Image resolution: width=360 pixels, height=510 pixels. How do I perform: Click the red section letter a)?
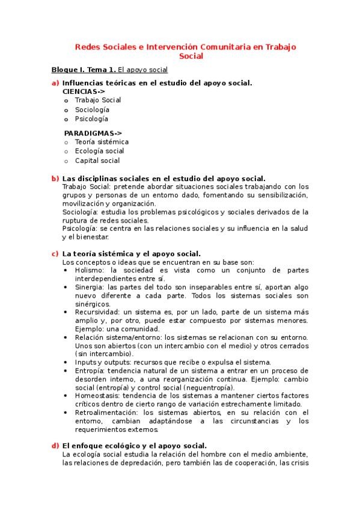[55, 82]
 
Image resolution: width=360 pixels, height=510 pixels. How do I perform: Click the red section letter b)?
[55, 178]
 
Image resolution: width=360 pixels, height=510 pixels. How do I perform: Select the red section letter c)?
[55, 254]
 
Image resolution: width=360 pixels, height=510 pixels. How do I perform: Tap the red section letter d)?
[55, 446]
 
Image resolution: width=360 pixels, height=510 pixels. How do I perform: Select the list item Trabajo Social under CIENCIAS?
[97, 100]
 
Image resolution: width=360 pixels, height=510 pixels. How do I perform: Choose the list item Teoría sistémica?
[102, 142]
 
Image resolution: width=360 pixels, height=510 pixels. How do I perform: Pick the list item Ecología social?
[99, 152]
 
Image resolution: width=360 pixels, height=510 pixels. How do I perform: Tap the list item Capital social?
[97, 161]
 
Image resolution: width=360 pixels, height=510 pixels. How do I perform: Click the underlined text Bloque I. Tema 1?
[84, 70]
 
